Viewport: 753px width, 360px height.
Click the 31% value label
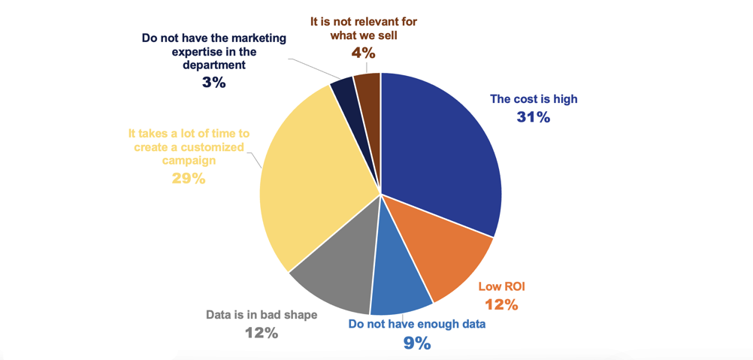pos(534,117)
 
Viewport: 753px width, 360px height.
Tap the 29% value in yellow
pos(189,179)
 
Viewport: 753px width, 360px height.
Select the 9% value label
pos(416,343)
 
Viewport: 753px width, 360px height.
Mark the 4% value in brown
pos(363,53)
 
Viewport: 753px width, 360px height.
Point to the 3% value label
pos(213,83)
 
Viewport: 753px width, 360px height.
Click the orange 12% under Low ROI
pos(501,304)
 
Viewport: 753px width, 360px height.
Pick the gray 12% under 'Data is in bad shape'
pos(262,332)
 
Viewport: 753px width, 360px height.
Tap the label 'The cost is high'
pos(534,98)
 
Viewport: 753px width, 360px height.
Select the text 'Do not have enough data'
pos(416,324)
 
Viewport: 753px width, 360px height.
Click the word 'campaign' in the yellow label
pos(189,160)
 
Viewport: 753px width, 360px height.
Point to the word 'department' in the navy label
pos(213,65)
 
